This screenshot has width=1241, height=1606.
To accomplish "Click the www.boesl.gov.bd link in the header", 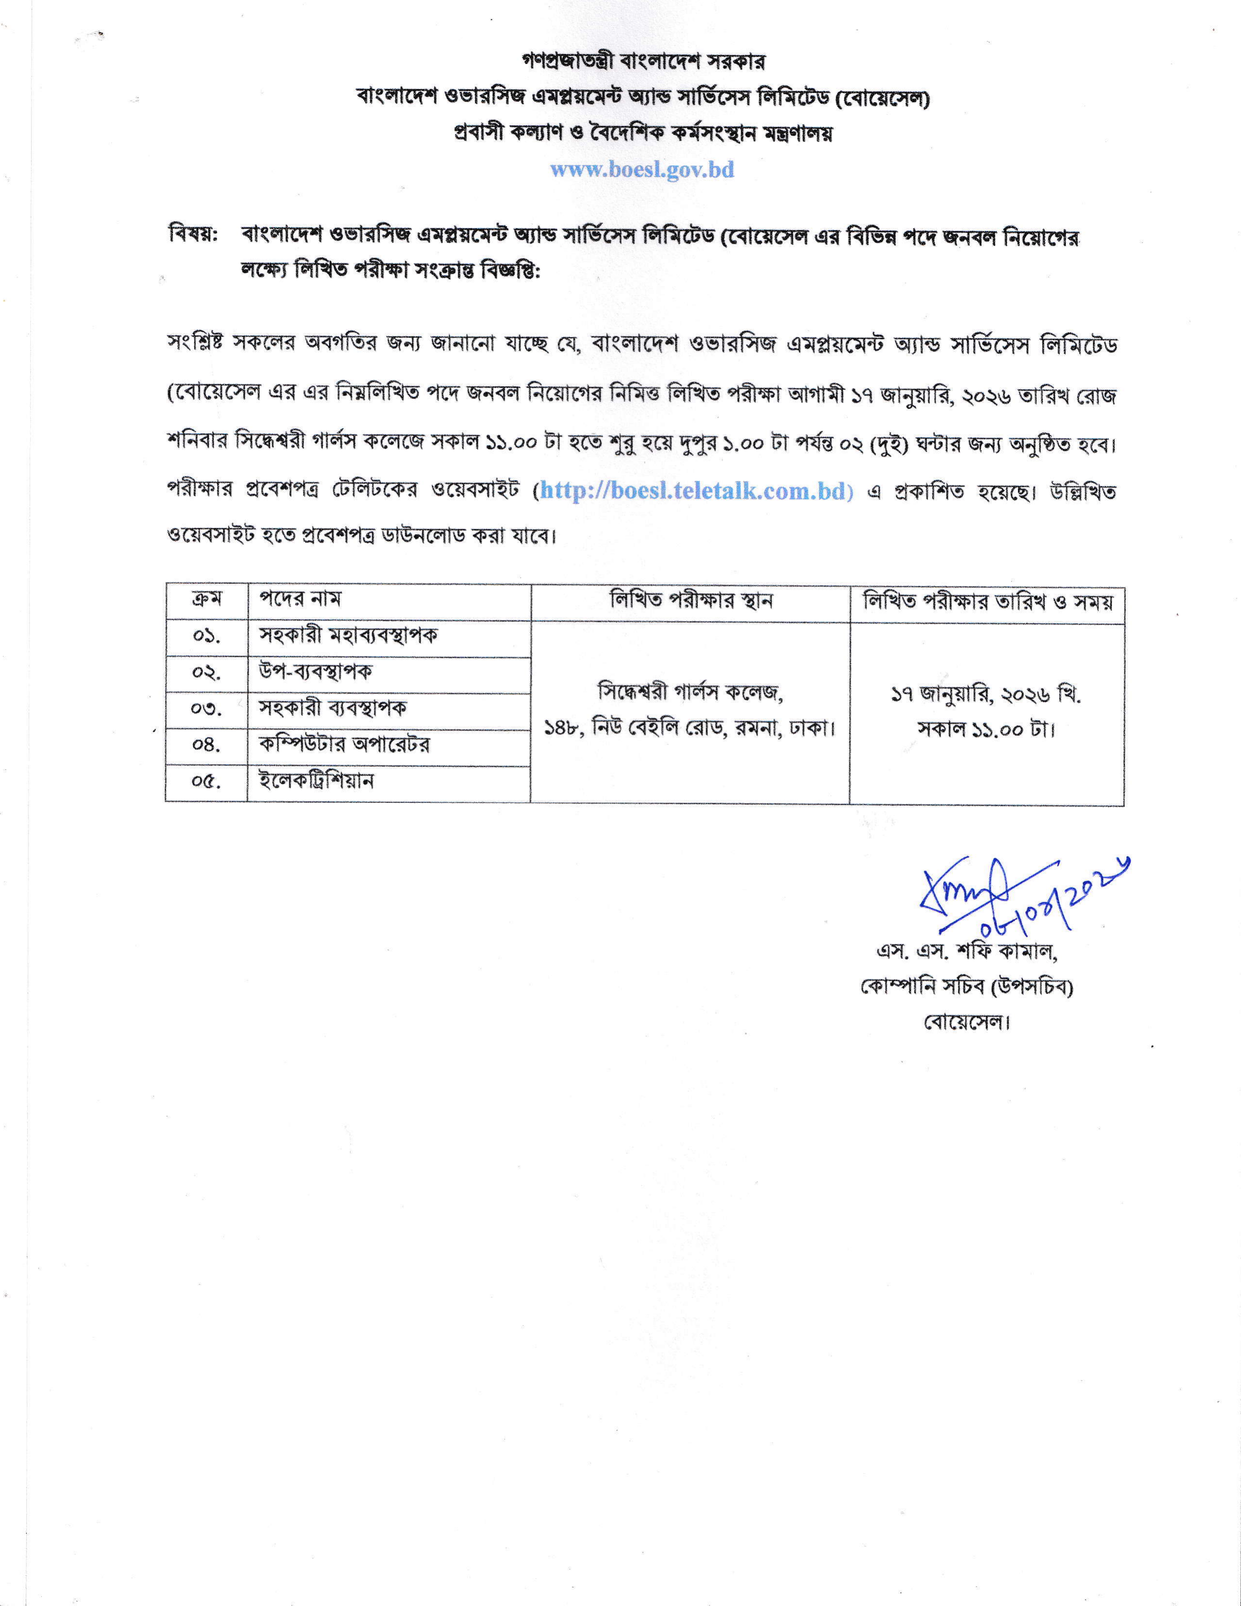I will pos(642,170).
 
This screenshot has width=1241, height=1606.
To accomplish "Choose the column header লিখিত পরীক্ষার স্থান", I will pos(690,601).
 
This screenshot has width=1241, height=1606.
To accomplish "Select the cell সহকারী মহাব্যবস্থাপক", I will pos(348,635).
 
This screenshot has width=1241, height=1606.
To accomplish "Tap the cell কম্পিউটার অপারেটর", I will pos(344,744).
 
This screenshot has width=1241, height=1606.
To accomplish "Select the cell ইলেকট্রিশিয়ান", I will pos(316,781).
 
